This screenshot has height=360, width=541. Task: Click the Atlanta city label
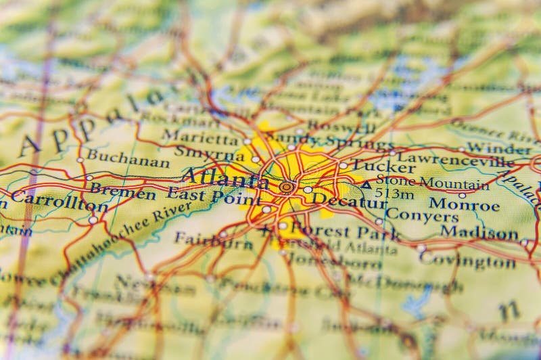[226, 179]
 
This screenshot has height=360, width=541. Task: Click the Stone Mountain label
[432, 183]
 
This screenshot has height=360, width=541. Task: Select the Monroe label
[464, 204]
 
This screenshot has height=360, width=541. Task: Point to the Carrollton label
[59, 200]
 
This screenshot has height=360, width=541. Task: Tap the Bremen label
[122, 192]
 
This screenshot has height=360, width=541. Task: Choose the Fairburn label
[213, 240]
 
